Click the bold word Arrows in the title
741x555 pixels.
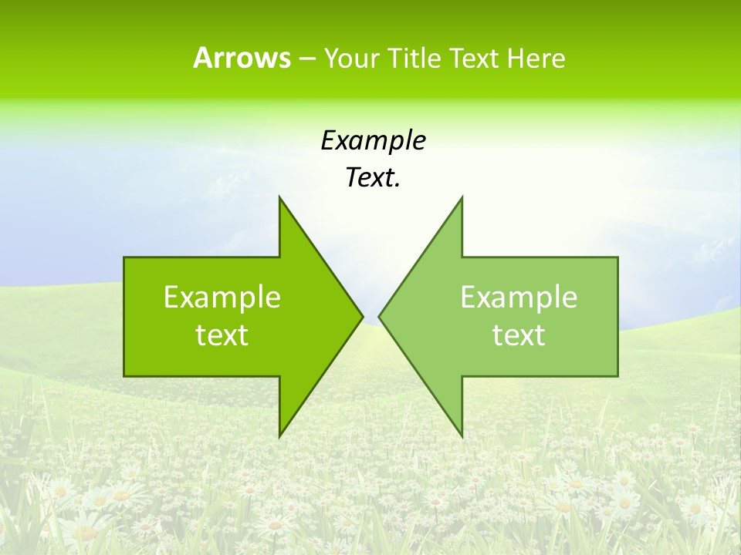point(242,58)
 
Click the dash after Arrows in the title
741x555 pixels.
point(306,58)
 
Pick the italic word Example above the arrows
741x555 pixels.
point(373,140)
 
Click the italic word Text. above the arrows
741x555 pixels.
point(373,177)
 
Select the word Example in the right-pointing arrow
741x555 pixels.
point(222,298)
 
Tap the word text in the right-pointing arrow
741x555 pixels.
point(222,335)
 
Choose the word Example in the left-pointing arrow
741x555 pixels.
point(519,298)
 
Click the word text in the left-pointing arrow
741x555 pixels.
point(519,335)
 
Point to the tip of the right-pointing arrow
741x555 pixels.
point(363,316)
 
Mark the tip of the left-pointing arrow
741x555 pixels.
point(379,316)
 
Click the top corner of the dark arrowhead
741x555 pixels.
point(279,197)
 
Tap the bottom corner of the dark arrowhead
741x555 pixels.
point(279,436)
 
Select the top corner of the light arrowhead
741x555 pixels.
point(462,197)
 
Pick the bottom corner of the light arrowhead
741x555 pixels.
point(462,436)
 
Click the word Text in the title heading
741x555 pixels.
point(475,58)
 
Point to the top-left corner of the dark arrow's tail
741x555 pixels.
point(124,257)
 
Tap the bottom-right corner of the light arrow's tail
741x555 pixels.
point(617,375)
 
